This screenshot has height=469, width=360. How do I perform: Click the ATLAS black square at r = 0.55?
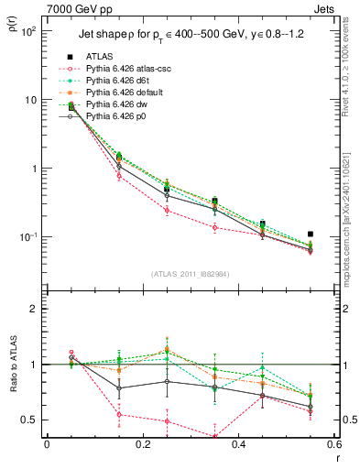pos(311,234)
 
